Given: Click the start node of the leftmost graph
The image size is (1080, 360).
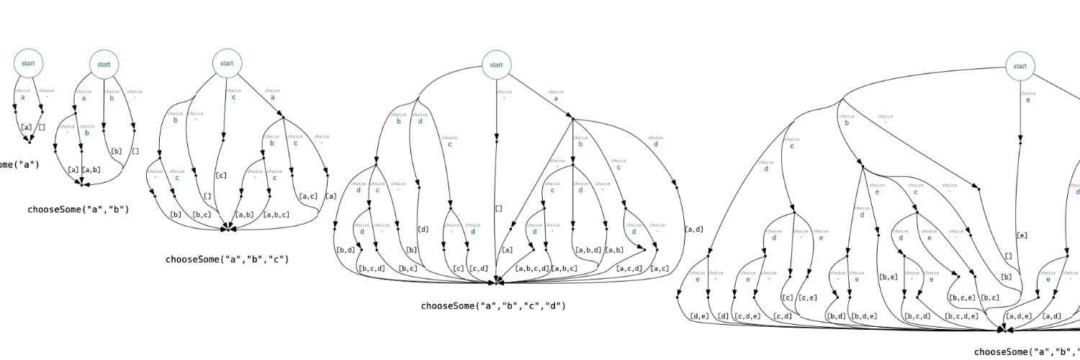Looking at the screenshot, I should click(29, 63).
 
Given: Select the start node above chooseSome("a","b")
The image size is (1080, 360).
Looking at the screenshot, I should click(104, 64).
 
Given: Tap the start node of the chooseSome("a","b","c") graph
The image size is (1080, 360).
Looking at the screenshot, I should click(227, 63).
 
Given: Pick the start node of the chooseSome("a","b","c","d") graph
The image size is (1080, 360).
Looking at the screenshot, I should click(496, 64).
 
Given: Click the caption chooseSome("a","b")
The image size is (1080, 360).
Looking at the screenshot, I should click(78, 210).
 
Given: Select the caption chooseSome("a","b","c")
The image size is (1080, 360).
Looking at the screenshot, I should click(227, 259).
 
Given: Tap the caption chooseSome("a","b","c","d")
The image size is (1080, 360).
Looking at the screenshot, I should click(493, 306).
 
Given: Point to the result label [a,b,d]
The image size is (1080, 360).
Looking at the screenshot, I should click(588, 251).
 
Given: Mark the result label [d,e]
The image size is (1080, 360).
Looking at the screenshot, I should click(699, 315).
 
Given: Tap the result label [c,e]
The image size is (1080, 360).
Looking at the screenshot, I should click(808, 297).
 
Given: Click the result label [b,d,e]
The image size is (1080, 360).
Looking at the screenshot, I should click(863, 315).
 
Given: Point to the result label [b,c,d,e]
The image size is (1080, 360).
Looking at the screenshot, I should click(961, 315).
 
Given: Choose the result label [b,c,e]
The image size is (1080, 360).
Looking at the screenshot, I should click(961, 297).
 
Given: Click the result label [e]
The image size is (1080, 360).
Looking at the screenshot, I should click(1022, 235).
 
